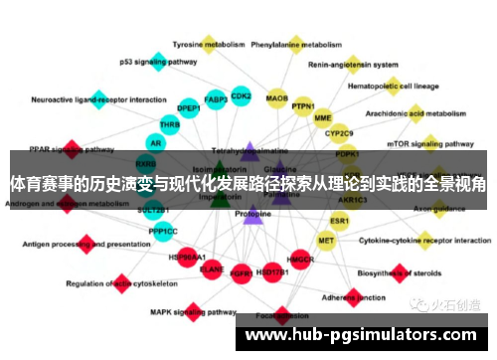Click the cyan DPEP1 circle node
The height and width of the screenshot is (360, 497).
(x=189, y=107)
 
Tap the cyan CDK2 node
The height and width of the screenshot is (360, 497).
(x=241, y=96)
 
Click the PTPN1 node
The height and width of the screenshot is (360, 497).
(x=303, y=106)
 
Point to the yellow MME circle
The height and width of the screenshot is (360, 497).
(x=322, y=118)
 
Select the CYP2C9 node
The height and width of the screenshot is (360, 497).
(x=339, y=133)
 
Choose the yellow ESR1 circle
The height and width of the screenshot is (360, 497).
(x=340, y=220)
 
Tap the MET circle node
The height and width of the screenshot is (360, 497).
(x=326, y=240)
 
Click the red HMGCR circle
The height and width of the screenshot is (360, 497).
(x=300, y=260)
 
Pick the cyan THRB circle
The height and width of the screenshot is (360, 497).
(x=170, y=125)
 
